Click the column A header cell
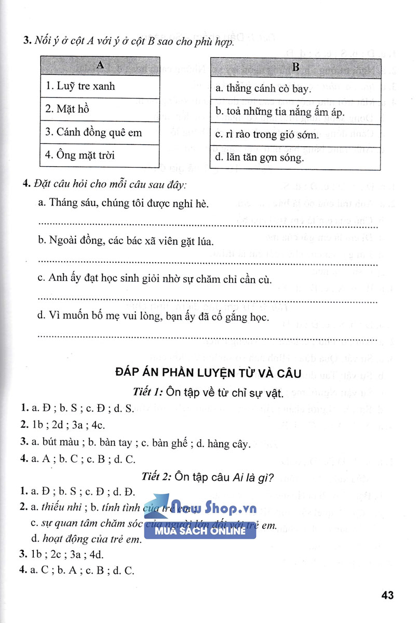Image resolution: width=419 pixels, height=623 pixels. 99,66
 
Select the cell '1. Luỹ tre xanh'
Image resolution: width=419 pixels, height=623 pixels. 99,87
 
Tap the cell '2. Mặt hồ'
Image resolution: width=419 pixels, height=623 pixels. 99,110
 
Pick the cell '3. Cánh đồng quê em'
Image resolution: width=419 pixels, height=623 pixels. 99,132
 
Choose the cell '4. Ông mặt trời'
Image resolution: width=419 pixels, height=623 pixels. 99,155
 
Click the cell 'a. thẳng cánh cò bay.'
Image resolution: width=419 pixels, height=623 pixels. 295,89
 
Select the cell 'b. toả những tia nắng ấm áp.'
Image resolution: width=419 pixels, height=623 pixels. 295,112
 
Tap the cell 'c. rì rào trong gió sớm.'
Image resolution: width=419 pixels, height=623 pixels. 295,134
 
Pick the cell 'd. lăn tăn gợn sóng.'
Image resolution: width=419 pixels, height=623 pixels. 295,157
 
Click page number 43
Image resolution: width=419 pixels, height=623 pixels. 387,595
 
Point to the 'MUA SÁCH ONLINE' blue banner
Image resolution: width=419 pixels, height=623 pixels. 200,531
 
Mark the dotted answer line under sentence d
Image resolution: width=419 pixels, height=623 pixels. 208,336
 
